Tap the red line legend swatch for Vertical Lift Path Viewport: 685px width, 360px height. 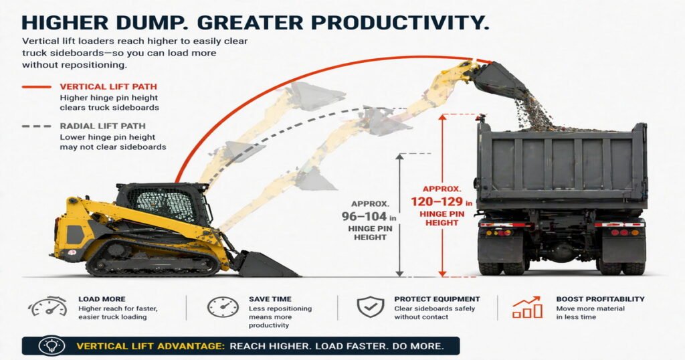[37, 87]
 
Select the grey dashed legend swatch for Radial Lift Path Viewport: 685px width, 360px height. [37, 126]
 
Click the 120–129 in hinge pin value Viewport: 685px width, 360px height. [442, 202]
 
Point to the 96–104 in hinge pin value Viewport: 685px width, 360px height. [369, 216]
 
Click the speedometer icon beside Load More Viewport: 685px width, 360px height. [47, 306]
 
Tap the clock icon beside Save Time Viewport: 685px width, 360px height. [223, 307]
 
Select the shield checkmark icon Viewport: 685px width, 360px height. [371, 306]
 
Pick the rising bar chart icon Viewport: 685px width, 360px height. [527, 307]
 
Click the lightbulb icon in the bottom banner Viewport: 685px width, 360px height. [52, 345]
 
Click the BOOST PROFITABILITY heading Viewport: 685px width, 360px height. [600, 299]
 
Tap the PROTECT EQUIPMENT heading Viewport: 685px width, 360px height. [437, 299]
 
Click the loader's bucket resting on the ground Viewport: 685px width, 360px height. [265, 264]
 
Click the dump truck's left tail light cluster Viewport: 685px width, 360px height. [498, 232]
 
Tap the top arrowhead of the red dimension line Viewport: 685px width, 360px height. [443, 118]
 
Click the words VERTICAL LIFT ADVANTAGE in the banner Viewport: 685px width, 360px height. [151, 347]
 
